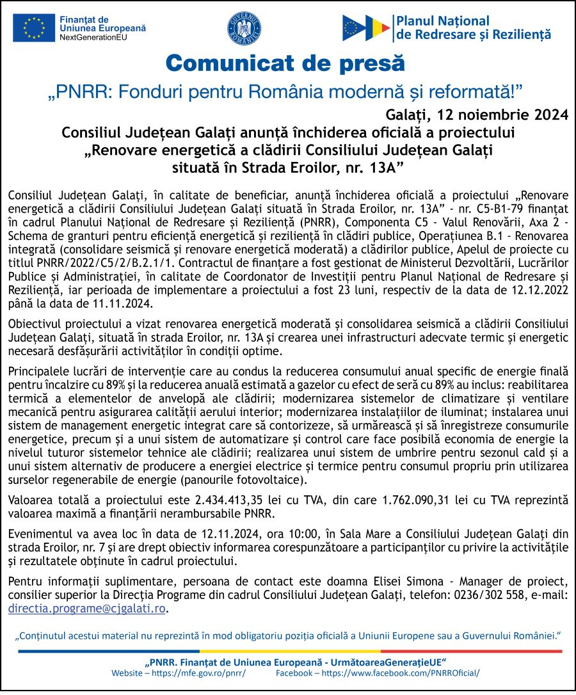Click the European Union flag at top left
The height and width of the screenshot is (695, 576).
tap(34, 29)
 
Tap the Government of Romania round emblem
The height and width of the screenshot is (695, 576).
tap(244, 29)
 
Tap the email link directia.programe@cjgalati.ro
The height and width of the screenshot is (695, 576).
tap(86, 609)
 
